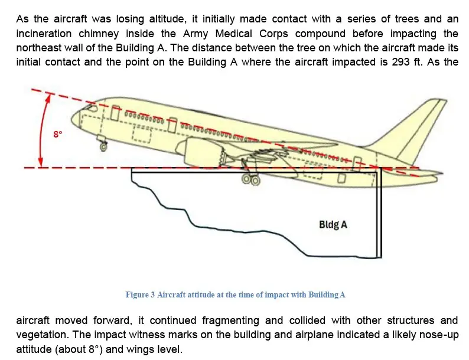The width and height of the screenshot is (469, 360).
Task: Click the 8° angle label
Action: (x=58, y=134)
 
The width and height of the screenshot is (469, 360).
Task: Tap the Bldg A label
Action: (x=333, y=224)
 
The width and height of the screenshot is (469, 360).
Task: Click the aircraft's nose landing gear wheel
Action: (x=103, y=147)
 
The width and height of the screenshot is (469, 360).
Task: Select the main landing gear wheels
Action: (x=251, y=179)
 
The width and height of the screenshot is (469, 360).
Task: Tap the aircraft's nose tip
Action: (x=72, y=119)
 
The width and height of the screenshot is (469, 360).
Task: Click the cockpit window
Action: (x=90, y=106)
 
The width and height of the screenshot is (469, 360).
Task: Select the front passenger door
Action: (x=115, y=113)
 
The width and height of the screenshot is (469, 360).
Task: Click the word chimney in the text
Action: (x=99, y=34)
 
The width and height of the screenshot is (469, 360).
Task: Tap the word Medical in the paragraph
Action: (x=233, y=34)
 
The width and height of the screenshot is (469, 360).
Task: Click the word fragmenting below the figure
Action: (x=230, y=320)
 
